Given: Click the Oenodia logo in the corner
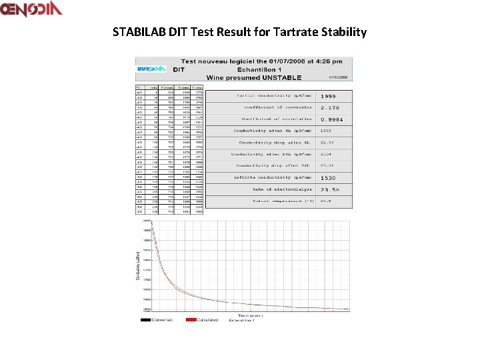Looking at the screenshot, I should (x=31, y=9).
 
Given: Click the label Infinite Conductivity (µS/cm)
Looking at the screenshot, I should (x=273, y=178).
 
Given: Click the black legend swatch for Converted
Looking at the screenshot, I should (x=145, y=320).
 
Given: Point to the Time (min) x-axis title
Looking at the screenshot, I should (x=250, y=315).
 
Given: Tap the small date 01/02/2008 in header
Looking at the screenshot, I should (x=338, y=77).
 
